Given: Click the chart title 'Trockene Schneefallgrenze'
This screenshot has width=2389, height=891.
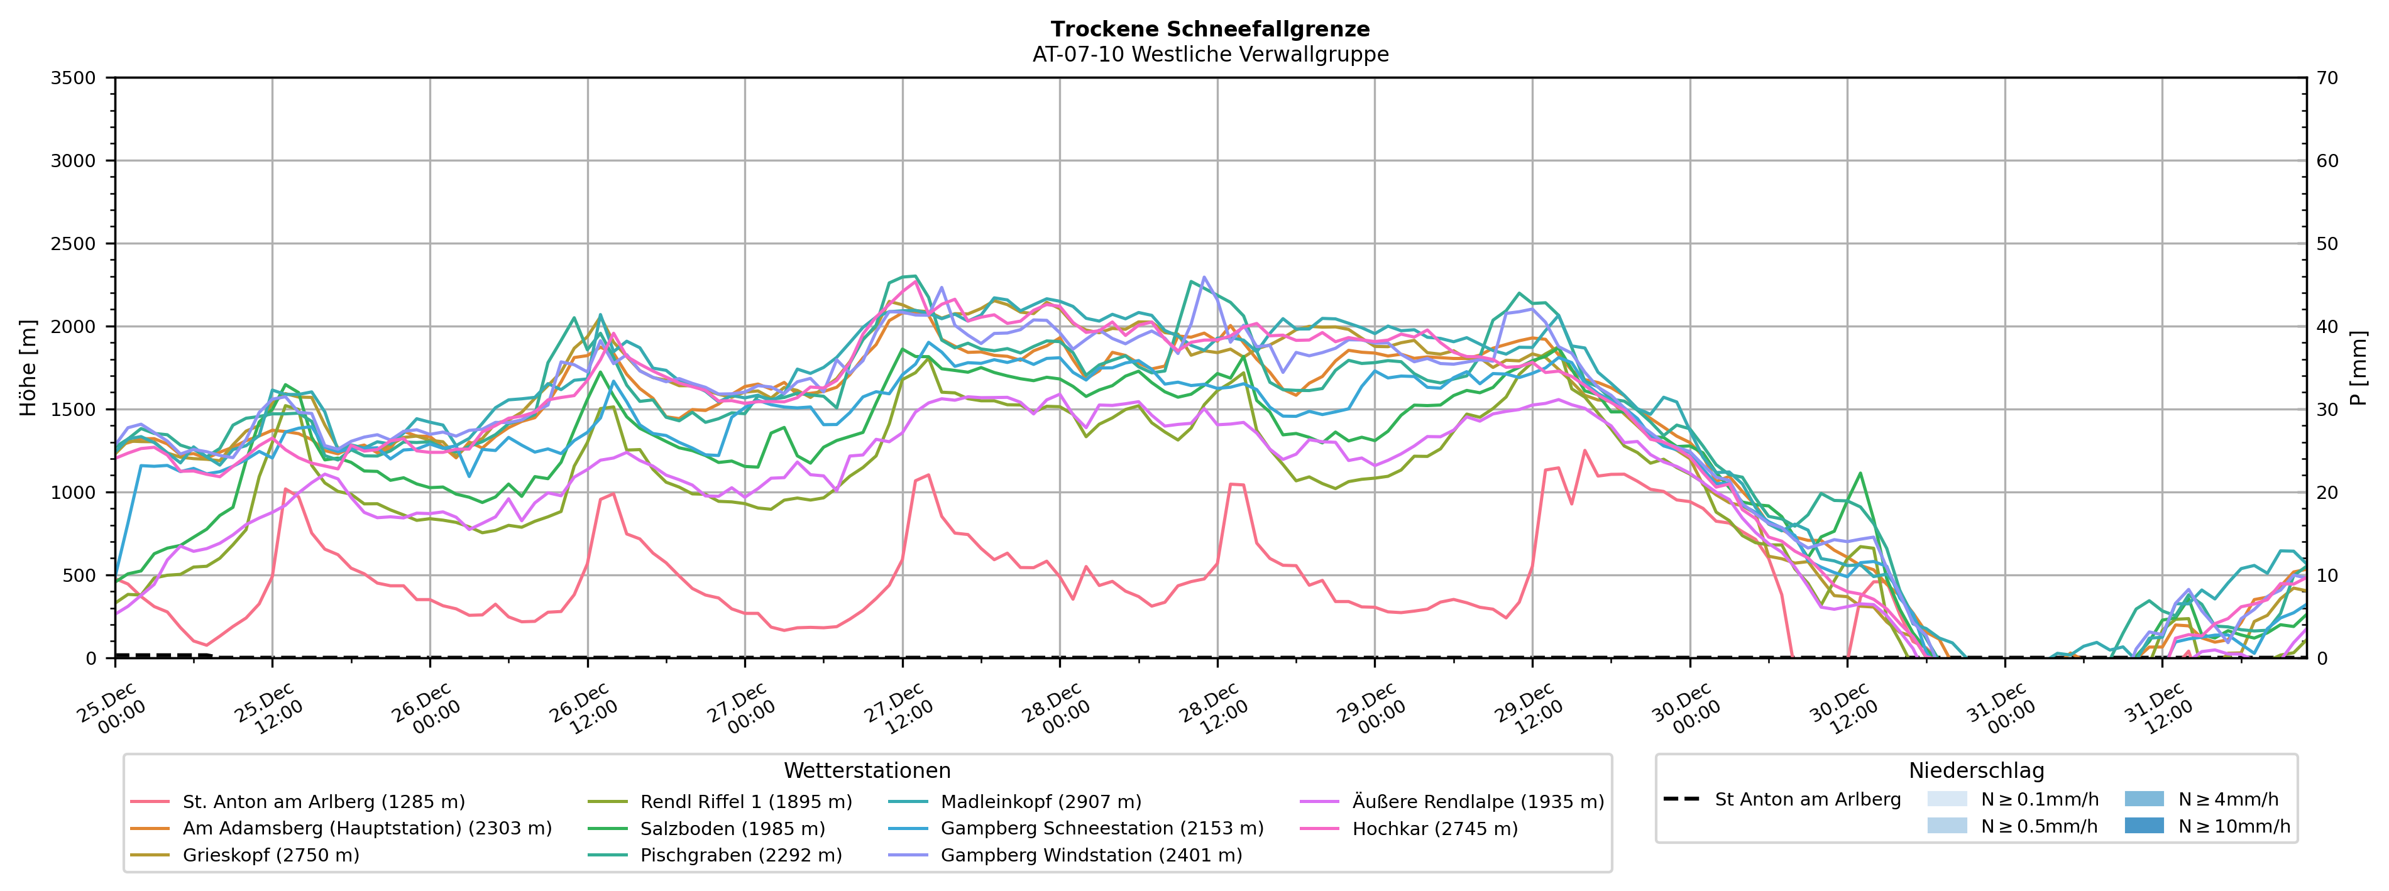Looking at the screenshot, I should pos(1211,30).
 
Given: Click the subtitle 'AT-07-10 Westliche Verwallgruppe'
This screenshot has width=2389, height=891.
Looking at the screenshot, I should pos(1211,55).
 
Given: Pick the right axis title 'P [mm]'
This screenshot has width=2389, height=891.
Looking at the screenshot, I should pos(2358,368).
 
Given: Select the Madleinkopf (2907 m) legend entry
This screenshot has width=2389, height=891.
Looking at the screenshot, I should pos(1041,802).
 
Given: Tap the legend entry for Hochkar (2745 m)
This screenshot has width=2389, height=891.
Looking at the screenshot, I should pos(1435,829).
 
